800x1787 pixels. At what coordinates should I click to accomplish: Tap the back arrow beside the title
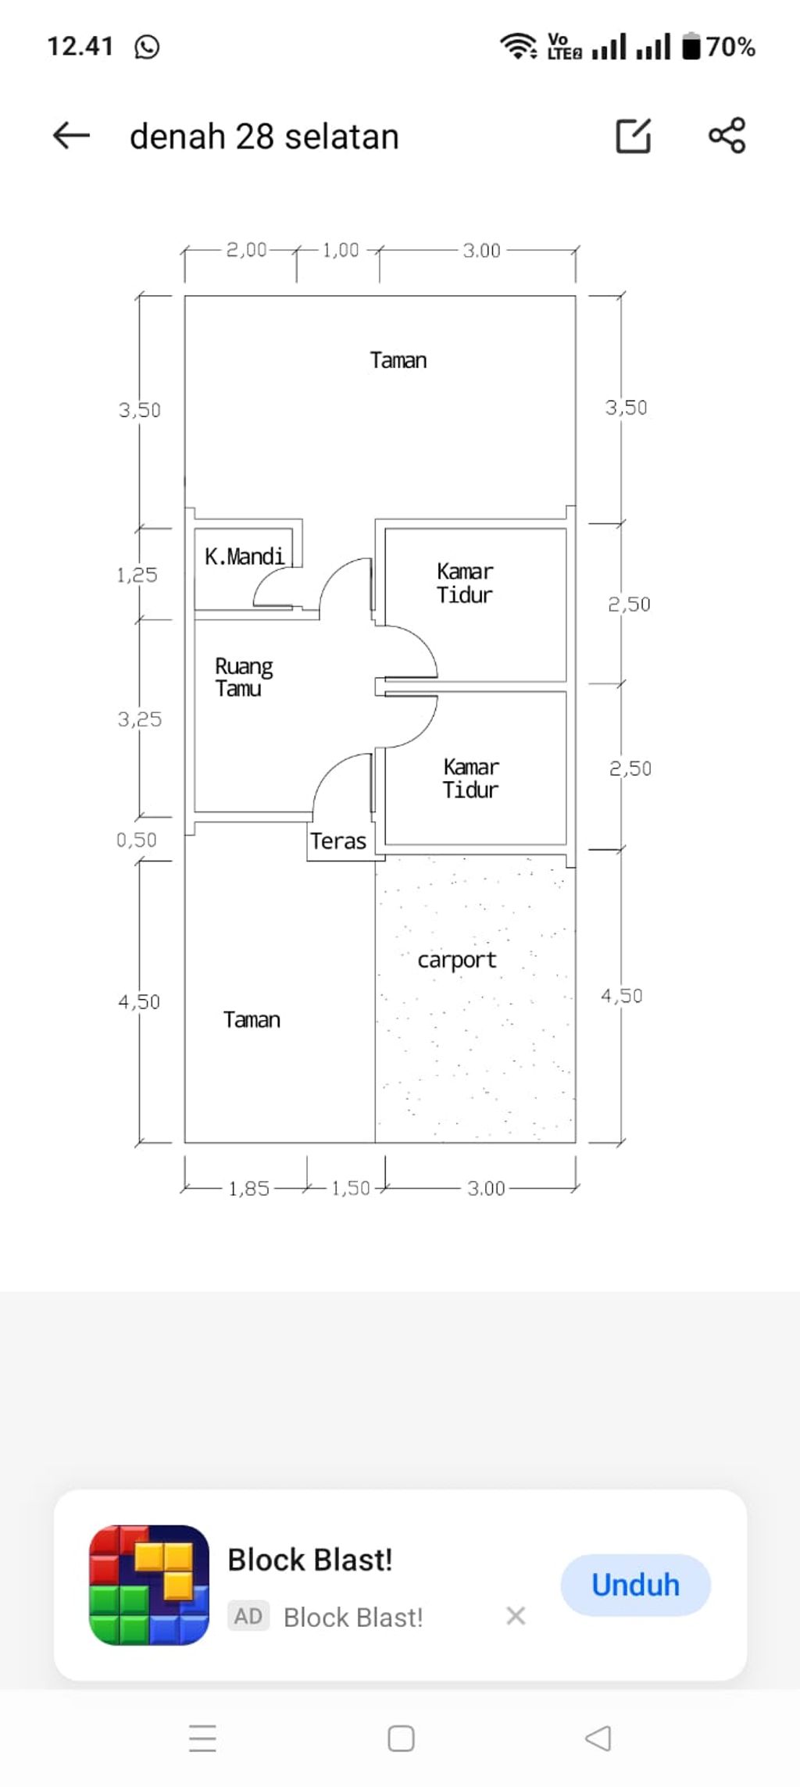pos(71,136)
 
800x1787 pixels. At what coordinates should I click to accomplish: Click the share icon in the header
pos(727,136)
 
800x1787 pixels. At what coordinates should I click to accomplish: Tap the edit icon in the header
pos(634,136)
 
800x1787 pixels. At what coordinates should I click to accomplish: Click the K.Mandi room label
pos(245,556)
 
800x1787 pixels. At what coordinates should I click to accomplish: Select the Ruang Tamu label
pos(244,677)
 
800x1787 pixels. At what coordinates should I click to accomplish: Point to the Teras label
pos(338,841)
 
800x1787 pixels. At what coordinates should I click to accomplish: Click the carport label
pos(457,960)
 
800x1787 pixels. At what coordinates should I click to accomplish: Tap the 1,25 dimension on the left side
pos(137,576)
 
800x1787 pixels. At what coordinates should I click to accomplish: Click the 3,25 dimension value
pos(140,719)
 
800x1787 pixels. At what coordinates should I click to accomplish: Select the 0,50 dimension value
pos(137,840)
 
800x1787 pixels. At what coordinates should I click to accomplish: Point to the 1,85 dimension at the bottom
pos(248,1189)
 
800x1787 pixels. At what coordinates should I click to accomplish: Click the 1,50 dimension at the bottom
pos(351,1189)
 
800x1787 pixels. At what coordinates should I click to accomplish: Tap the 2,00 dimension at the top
pos(247,250)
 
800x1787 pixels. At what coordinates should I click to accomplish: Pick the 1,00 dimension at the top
pos(341,250)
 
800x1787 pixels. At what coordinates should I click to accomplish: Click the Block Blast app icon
pos(149,1585)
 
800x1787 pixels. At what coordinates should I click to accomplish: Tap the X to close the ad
pos(516,1615)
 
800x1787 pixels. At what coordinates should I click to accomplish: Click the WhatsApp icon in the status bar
pos(147,47)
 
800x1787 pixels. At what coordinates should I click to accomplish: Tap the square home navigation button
pos(401,1739)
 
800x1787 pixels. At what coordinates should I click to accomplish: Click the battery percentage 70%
pos(731,47)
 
